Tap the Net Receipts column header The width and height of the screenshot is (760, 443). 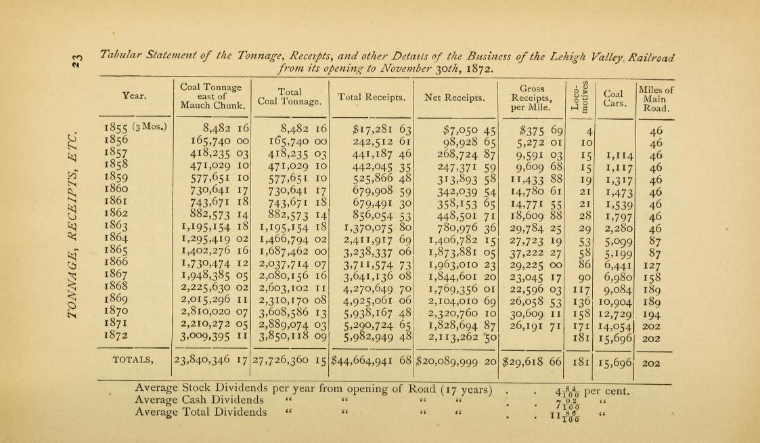pyautogui.click(x=454, y=98)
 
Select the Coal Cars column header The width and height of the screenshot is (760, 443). pyautogui.click(x=614, y=98)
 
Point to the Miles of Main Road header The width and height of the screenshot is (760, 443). pyautogui.click(x=655, y=98)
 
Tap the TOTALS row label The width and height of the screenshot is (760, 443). pyautogui.click(x=133, y=360)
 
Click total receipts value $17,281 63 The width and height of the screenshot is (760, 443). pyautogui.click(x=382, y=130)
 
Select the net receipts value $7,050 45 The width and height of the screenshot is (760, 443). pyautogui.click(x=468, y=130)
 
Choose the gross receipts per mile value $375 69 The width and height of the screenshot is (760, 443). pyautogui.click(x=539, y=130)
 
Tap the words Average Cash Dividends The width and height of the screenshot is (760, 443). pyautogui.click(x=200, y=400)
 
